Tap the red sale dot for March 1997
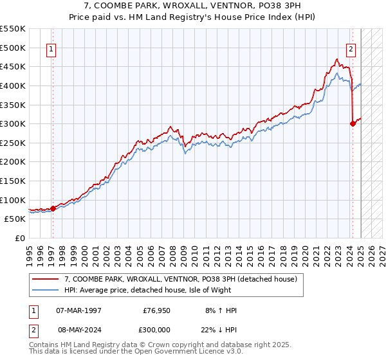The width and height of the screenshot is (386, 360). pos(53,208)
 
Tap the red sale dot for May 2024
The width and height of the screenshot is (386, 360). pos(353,124)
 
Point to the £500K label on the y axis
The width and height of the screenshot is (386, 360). pos(13,48)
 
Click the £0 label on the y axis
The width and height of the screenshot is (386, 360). pos(19,238)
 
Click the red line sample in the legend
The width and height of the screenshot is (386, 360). pos(46,279)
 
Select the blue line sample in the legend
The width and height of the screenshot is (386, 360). pos(46,291)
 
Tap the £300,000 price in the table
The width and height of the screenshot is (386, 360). pos(157,330)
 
